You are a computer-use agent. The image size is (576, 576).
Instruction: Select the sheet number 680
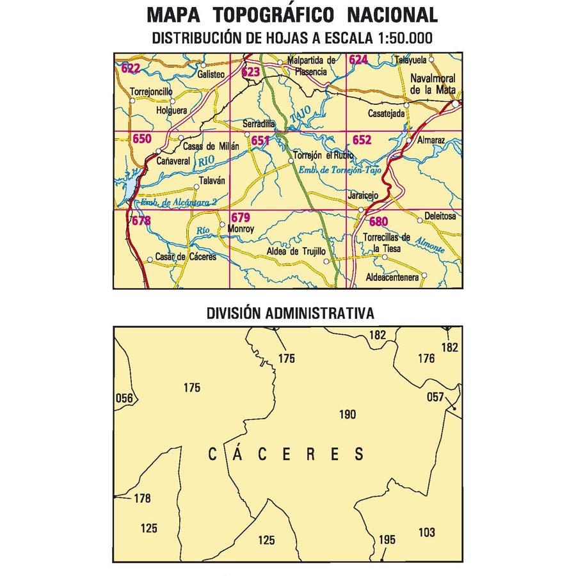pos(378,222)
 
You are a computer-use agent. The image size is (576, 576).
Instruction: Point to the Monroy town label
pos(241,228)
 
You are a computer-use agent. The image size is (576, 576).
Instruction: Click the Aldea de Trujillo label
pos(296,253)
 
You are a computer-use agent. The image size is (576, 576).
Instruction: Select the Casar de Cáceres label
pos(186,257)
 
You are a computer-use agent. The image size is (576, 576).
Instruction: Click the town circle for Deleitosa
pos(420,221)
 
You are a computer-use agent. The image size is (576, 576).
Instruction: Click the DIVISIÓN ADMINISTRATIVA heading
pos(291,314)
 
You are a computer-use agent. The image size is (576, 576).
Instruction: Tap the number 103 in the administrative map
pos(426,532)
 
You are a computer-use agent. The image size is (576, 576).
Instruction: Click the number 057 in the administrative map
pos(435,397)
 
